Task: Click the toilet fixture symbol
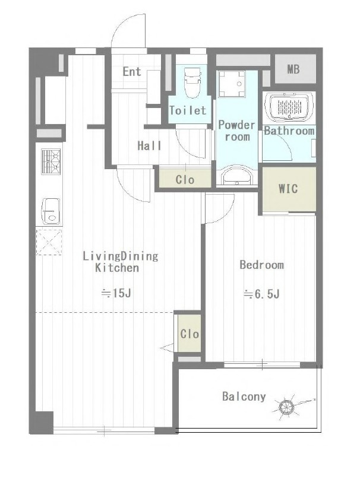tap(192, 83)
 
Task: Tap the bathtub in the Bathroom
tap(289, 106)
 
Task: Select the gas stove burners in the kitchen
tap(50, 161)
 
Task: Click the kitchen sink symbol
tap(50, 211)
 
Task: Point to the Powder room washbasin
tap(238, 176)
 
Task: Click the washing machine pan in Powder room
tap(232, 84)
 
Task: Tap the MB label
tap(293, 69)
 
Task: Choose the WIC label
tap(288, 189)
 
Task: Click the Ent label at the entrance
tap(132, 72)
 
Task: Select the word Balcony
tap(244, 396)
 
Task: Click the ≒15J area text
tap(116, 293)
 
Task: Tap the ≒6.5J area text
tap(261, 294)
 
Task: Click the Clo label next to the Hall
tap(185, 179)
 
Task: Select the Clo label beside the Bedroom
tap(190, 334)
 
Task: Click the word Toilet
tap(188, 110)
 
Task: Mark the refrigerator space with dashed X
tap(49, 242)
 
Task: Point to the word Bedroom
tap(261, 265)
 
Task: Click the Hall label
tap(149, 145)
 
